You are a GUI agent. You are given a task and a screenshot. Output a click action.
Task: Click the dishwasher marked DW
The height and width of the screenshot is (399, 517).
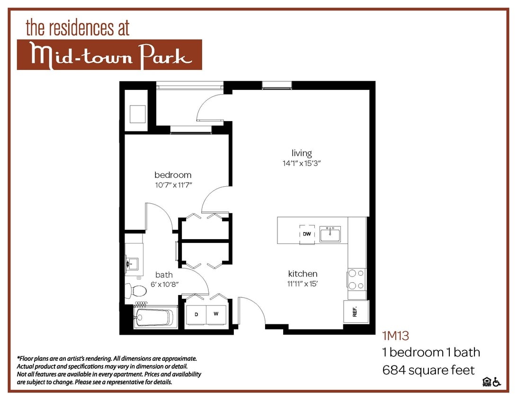click(307, 234)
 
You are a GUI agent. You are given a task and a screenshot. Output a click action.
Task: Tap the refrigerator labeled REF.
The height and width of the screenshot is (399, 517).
click(355, 312)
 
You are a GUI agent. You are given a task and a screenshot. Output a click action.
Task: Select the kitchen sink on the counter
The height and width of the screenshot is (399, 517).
click(330, 234)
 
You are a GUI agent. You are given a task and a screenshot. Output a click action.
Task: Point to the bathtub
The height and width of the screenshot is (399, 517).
click(154, 317)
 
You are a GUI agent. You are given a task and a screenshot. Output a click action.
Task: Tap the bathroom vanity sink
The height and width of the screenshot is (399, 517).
click(132, 263)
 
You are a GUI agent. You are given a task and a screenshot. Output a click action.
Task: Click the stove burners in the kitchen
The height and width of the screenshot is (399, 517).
click(356, 279)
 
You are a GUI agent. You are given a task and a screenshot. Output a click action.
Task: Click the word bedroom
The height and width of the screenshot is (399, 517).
click(173, 175)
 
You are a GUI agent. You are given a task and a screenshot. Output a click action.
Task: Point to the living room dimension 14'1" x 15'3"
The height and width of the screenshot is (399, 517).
click(302, 164)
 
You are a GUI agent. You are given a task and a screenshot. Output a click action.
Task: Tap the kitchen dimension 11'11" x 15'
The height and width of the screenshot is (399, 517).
click(303, 284)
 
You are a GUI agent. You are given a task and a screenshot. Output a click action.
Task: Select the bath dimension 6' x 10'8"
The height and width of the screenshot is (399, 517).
click(164, 284)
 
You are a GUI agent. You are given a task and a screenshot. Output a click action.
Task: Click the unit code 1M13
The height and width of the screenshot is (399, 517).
click(395, 336)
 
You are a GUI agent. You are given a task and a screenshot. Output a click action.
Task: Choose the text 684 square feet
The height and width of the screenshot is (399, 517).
click(428, 370)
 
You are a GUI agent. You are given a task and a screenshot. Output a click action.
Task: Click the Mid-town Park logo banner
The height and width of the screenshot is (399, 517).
click(109, 55)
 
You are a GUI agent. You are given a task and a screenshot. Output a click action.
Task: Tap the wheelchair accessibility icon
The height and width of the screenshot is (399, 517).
click(497, 382)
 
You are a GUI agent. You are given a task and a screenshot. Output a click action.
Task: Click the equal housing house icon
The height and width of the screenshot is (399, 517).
click(486, 382)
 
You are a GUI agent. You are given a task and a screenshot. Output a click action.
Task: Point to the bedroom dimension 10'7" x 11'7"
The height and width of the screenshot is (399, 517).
click(173, 185)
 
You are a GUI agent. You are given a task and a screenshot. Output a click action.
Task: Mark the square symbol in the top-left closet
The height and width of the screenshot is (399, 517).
click(137, 113)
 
